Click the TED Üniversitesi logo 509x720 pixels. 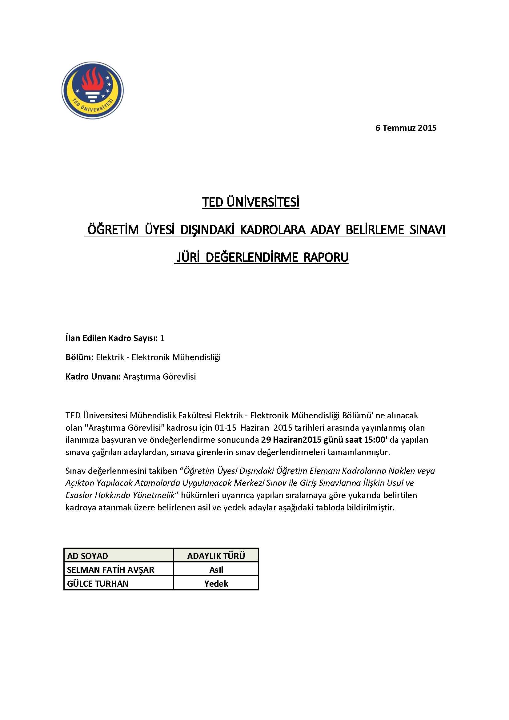coord(92,90)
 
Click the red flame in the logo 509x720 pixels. coord(92,80)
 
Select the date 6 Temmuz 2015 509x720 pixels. coord(406,128)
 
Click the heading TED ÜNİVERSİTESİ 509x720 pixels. coord(250,202)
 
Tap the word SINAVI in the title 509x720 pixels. coord(427,230)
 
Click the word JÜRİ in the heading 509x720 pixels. coord(188,257)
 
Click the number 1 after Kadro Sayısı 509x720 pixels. coord(162,338)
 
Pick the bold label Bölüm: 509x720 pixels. coord(79,357)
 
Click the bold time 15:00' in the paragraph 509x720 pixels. coord(376,440)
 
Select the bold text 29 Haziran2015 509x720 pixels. coord(291,440)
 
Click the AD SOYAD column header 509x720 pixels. coord(87,556)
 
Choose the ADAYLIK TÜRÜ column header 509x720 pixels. coord(216,556)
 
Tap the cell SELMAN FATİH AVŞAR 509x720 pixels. coord(110,570)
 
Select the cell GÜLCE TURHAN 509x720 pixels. coord(98,584)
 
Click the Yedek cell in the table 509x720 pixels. coord(216,584)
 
